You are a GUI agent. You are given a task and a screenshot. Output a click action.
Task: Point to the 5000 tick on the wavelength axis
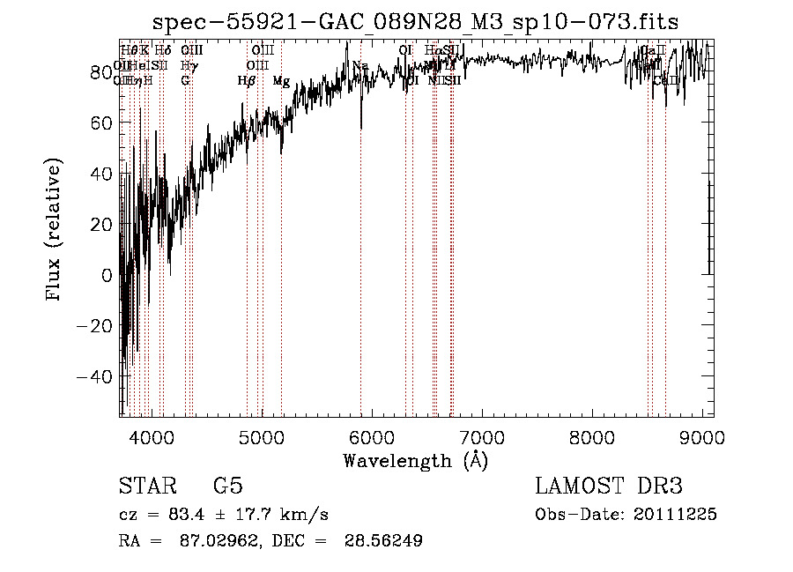[x=262, y=436]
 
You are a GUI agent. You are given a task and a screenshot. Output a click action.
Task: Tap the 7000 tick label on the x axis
[x=482, y=436]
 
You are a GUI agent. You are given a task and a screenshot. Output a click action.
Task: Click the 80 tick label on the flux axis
[x=101, y=72]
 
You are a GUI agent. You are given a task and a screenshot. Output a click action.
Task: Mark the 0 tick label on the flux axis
[x=107, y=275]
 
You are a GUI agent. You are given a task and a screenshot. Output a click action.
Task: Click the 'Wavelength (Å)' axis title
[x=415, y=460]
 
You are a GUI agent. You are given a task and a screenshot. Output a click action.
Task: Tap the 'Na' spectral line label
[x=360, y=66]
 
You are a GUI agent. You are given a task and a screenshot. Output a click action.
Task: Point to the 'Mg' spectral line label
[x=281, y=81]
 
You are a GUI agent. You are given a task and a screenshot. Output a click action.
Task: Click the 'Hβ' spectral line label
[x=247, y=81]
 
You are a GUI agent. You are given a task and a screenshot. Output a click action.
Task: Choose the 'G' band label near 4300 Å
[x=185, y=81]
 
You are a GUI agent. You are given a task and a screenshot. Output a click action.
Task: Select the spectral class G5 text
[x=227, y=487]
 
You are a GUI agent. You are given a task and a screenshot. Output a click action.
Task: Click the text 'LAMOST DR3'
[x=609, y=487]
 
